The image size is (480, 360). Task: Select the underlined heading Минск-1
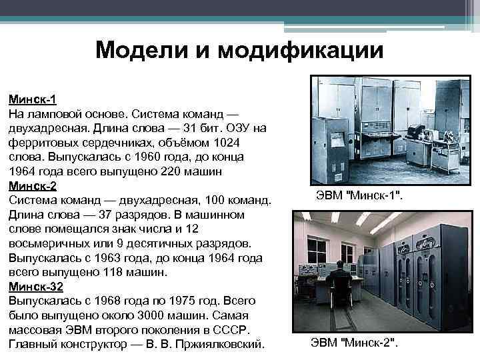(32, 99)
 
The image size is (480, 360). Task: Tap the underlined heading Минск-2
(32, 186)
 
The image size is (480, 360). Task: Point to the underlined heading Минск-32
(35, 287)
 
